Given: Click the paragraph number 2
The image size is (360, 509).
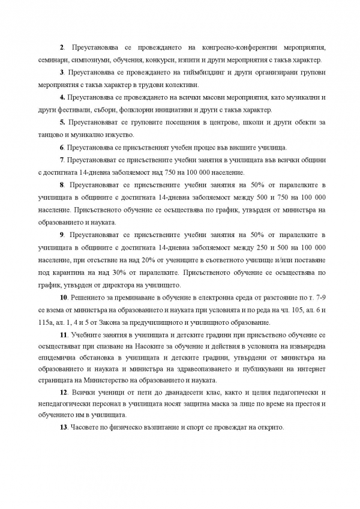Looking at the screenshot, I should coord(62,47).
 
